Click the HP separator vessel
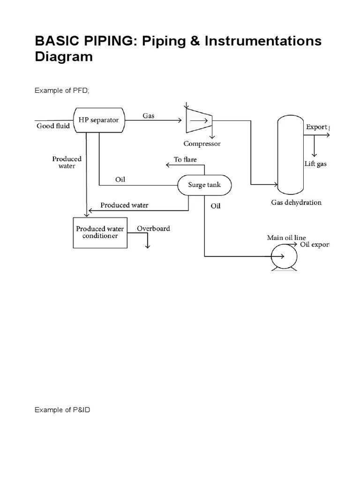click(x=98, y=120)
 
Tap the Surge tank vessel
click(x=204, y=185)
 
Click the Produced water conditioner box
click(x=100, y=232)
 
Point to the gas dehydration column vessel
click(x=290, y=155)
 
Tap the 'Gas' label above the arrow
click(x=149, y=115)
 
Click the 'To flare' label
click(x=185, y=159)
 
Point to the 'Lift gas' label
click(x=315, y=164)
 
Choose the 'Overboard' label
click(x=153, y=229)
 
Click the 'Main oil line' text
click(x=286, y=238)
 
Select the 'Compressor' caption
click(x=202, y=143)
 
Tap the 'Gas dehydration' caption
click(x=296, y=202)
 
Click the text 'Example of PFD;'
click(x=61, y=91)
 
